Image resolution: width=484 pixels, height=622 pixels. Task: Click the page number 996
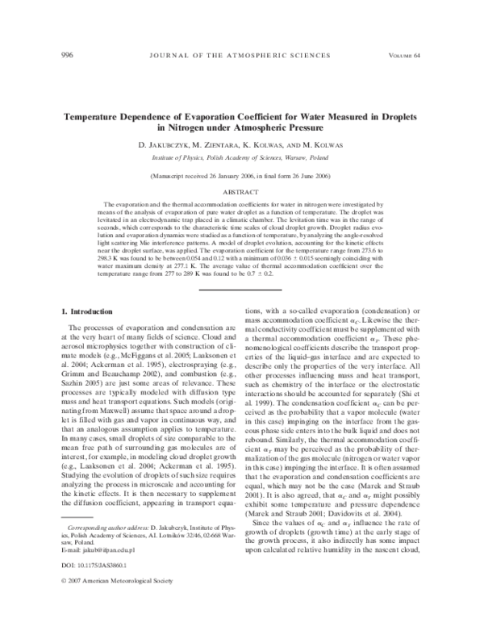68,55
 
